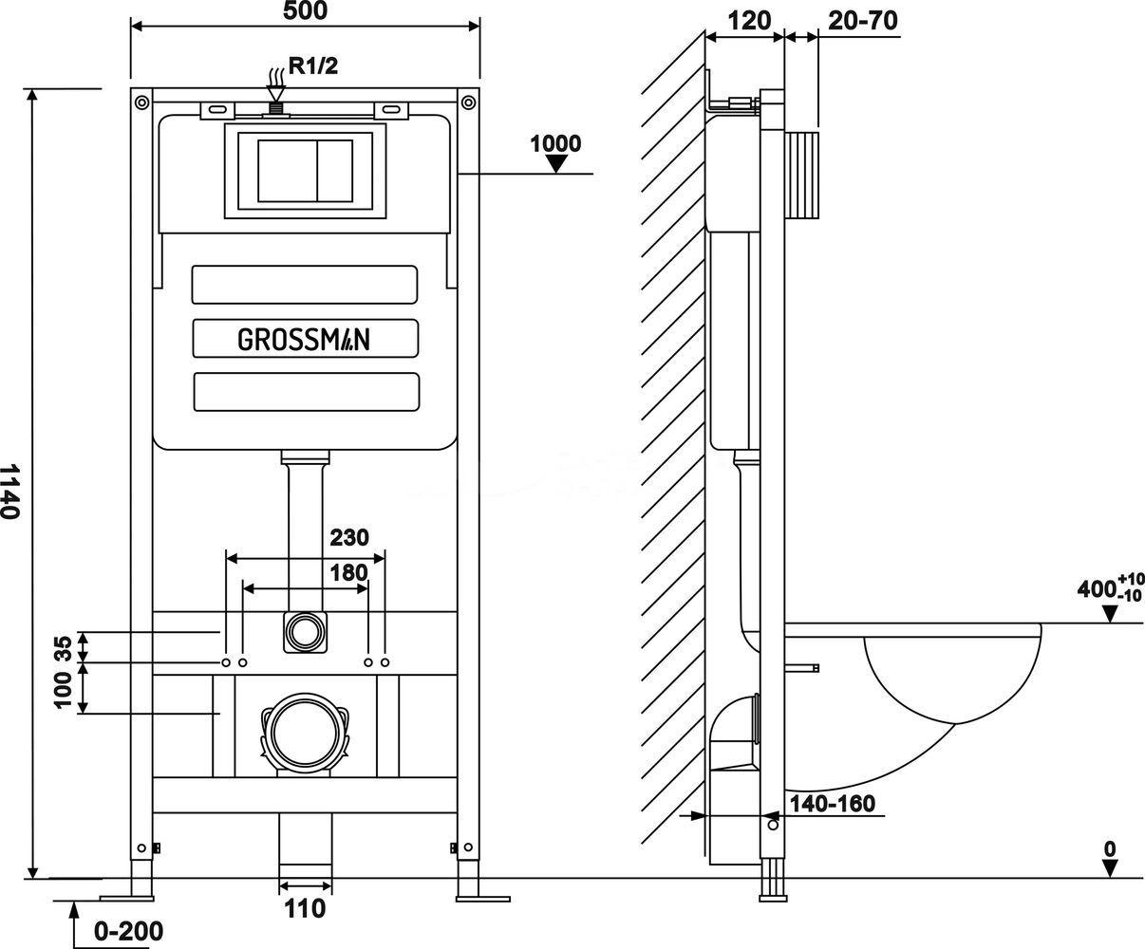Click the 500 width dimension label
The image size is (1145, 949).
tap(305, 11)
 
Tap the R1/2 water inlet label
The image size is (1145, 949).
tap(313, 66)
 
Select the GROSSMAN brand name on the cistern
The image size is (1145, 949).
tap(304, 339)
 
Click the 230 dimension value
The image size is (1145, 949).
tap(349, 537)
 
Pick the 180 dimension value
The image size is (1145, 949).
tap(349, 572)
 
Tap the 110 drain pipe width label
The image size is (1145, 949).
tap(304, 909)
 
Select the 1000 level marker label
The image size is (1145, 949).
tap(555, 143)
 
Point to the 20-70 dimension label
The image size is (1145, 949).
tap(863, 20)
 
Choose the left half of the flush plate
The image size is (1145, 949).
tap(287, 171)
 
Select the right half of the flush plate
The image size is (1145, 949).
tap(333, 171)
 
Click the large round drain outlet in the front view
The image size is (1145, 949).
tap(304, 732)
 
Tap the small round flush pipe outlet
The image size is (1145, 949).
tap(304, 631)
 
